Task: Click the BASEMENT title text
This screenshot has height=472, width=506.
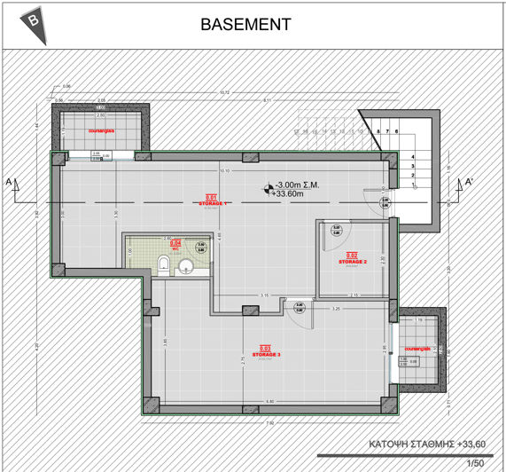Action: (x=245, y=24)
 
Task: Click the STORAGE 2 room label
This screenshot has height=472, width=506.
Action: (x=352, y=261)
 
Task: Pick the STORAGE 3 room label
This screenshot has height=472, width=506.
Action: (x=265, y=353)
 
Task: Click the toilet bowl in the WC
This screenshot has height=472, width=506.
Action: (x=164, y=264)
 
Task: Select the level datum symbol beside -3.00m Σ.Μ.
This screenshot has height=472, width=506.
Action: (x=265, y=187)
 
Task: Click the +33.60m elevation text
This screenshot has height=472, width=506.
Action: (x=288, y=194)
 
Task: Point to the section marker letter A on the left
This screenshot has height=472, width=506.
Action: (x=9, y=183)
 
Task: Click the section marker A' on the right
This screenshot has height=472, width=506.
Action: (x=470, y=183)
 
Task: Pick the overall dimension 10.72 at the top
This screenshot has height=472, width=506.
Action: (x=224, y=92)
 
